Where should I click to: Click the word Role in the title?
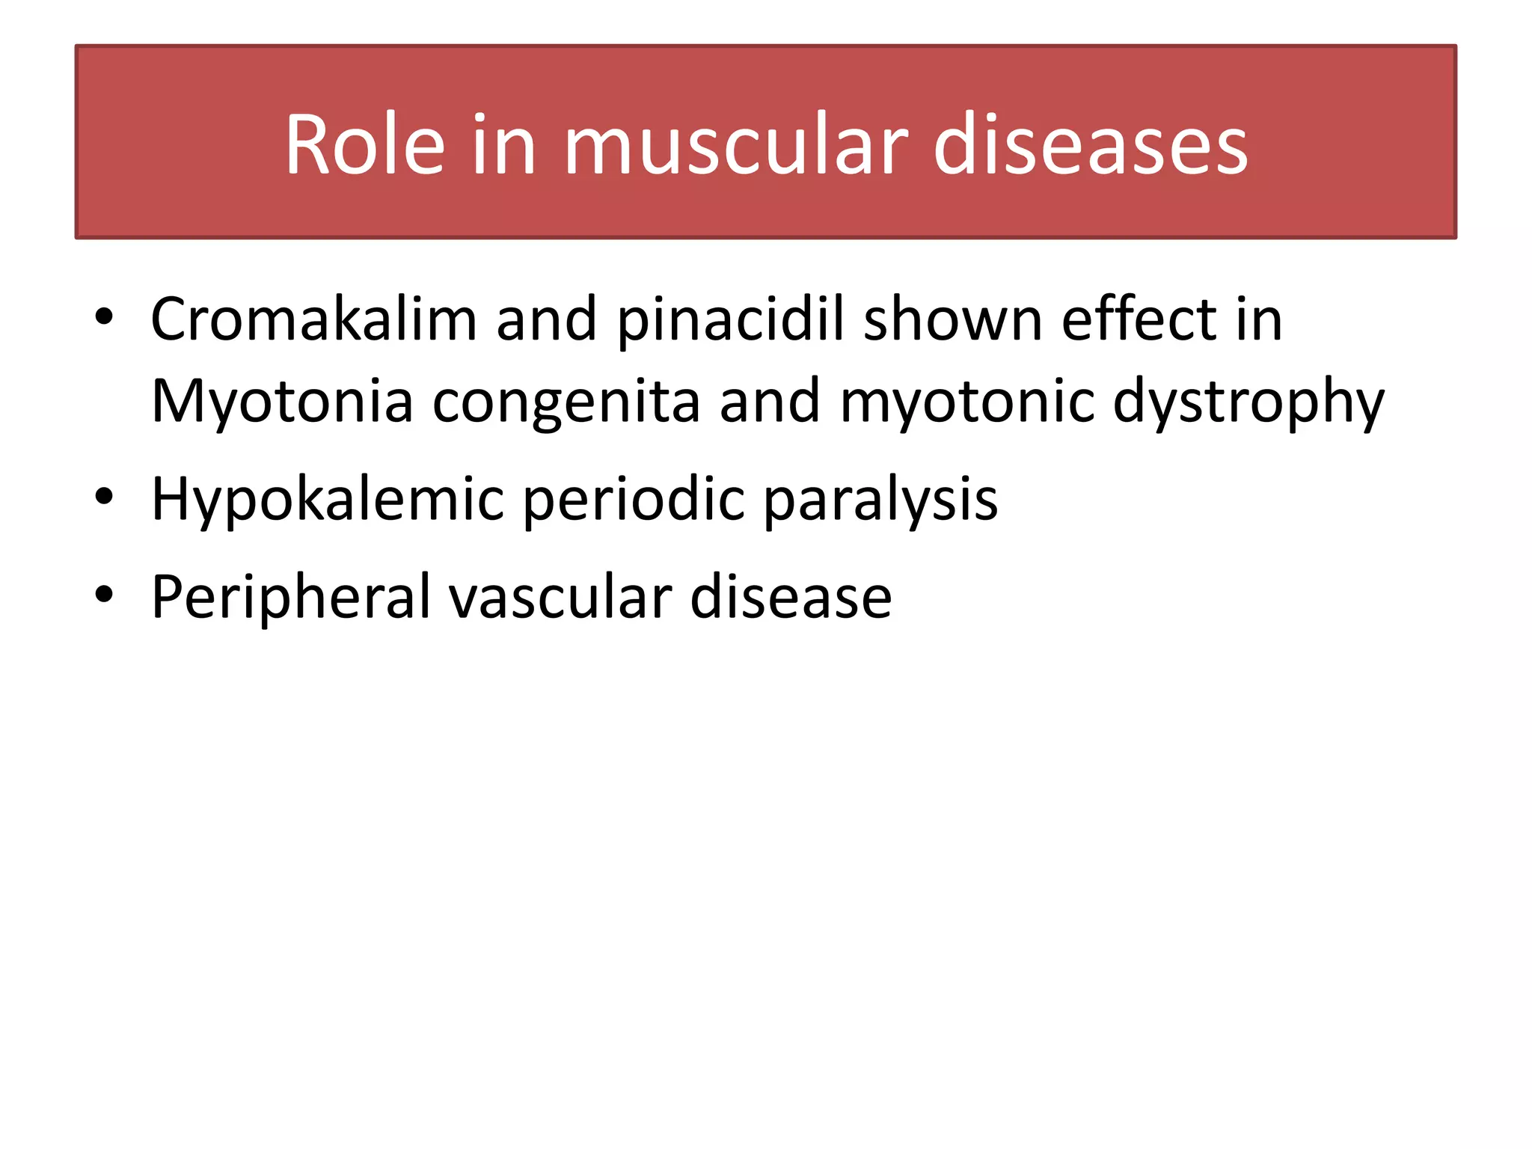coord(365,144)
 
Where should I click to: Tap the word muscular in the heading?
coord(736,144)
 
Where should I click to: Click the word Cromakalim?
coord(313,319)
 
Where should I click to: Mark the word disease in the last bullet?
coord(791,597)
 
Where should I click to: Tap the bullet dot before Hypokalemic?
coord(104,497)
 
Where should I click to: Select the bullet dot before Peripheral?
coord(104,595)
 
